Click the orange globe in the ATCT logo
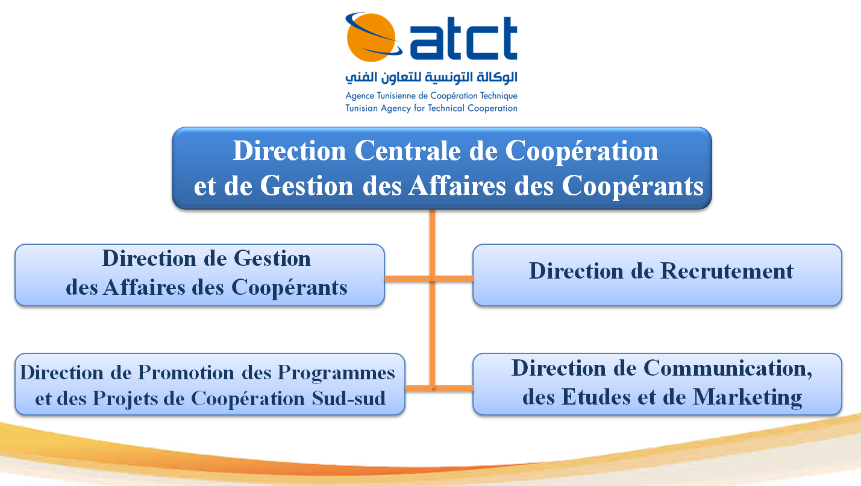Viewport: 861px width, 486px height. [x=371, y=37]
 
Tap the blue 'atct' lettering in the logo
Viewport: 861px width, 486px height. [x=463, y=39]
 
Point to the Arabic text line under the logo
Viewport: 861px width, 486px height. [x=431, y=78]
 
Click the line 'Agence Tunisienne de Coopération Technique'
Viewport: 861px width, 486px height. [x=431, y=96]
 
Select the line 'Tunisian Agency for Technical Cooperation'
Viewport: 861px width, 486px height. [x=431, y=108]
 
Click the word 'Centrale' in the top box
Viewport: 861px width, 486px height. [x=407, y=151]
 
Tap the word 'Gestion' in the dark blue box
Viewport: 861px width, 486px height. [x=307, y=186]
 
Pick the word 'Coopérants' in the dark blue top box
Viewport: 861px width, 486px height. [x=633, y=186]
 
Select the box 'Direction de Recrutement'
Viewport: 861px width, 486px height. [x=657, y=275]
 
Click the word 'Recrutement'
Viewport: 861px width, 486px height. [x=727, y=271]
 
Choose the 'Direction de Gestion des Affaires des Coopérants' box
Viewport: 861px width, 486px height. [x=200, y=275]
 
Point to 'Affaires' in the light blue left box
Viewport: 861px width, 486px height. [x=144, y=288]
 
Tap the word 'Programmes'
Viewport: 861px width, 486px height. [x=336, y=373]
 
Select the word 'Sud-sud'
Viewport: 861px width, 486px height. [x=349, y=398]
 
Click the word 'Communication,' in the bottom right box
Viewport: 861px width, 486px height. [x=728, y=368]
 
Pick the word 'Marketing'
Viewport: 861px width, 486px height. [x=747, y=397]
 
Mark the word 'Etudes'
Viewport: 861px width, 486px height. [x=596, y=397]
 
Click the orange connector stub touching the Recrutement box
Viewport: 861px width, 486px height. [x=454, y=278]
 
